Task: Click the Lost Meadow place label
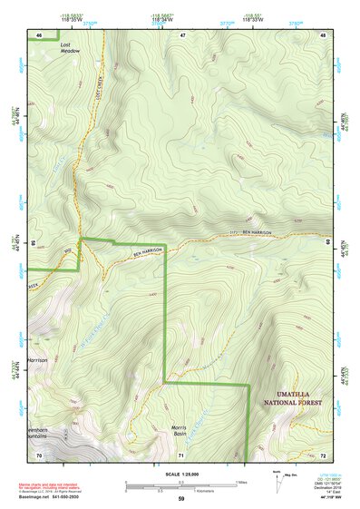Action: [x=70, y=48]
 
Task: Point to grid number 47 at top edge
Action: [x=182, y=34]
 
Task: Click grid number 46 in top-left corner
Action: [x=39, y=34]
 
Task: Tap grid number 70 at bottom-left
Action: [x=39, y=454]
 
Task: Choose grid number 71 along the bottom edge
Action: [x=181, y=454]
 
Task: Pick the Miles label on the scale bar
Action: [x=240, y=482]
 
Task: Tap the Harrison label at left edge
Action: [x=37, y=360]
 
